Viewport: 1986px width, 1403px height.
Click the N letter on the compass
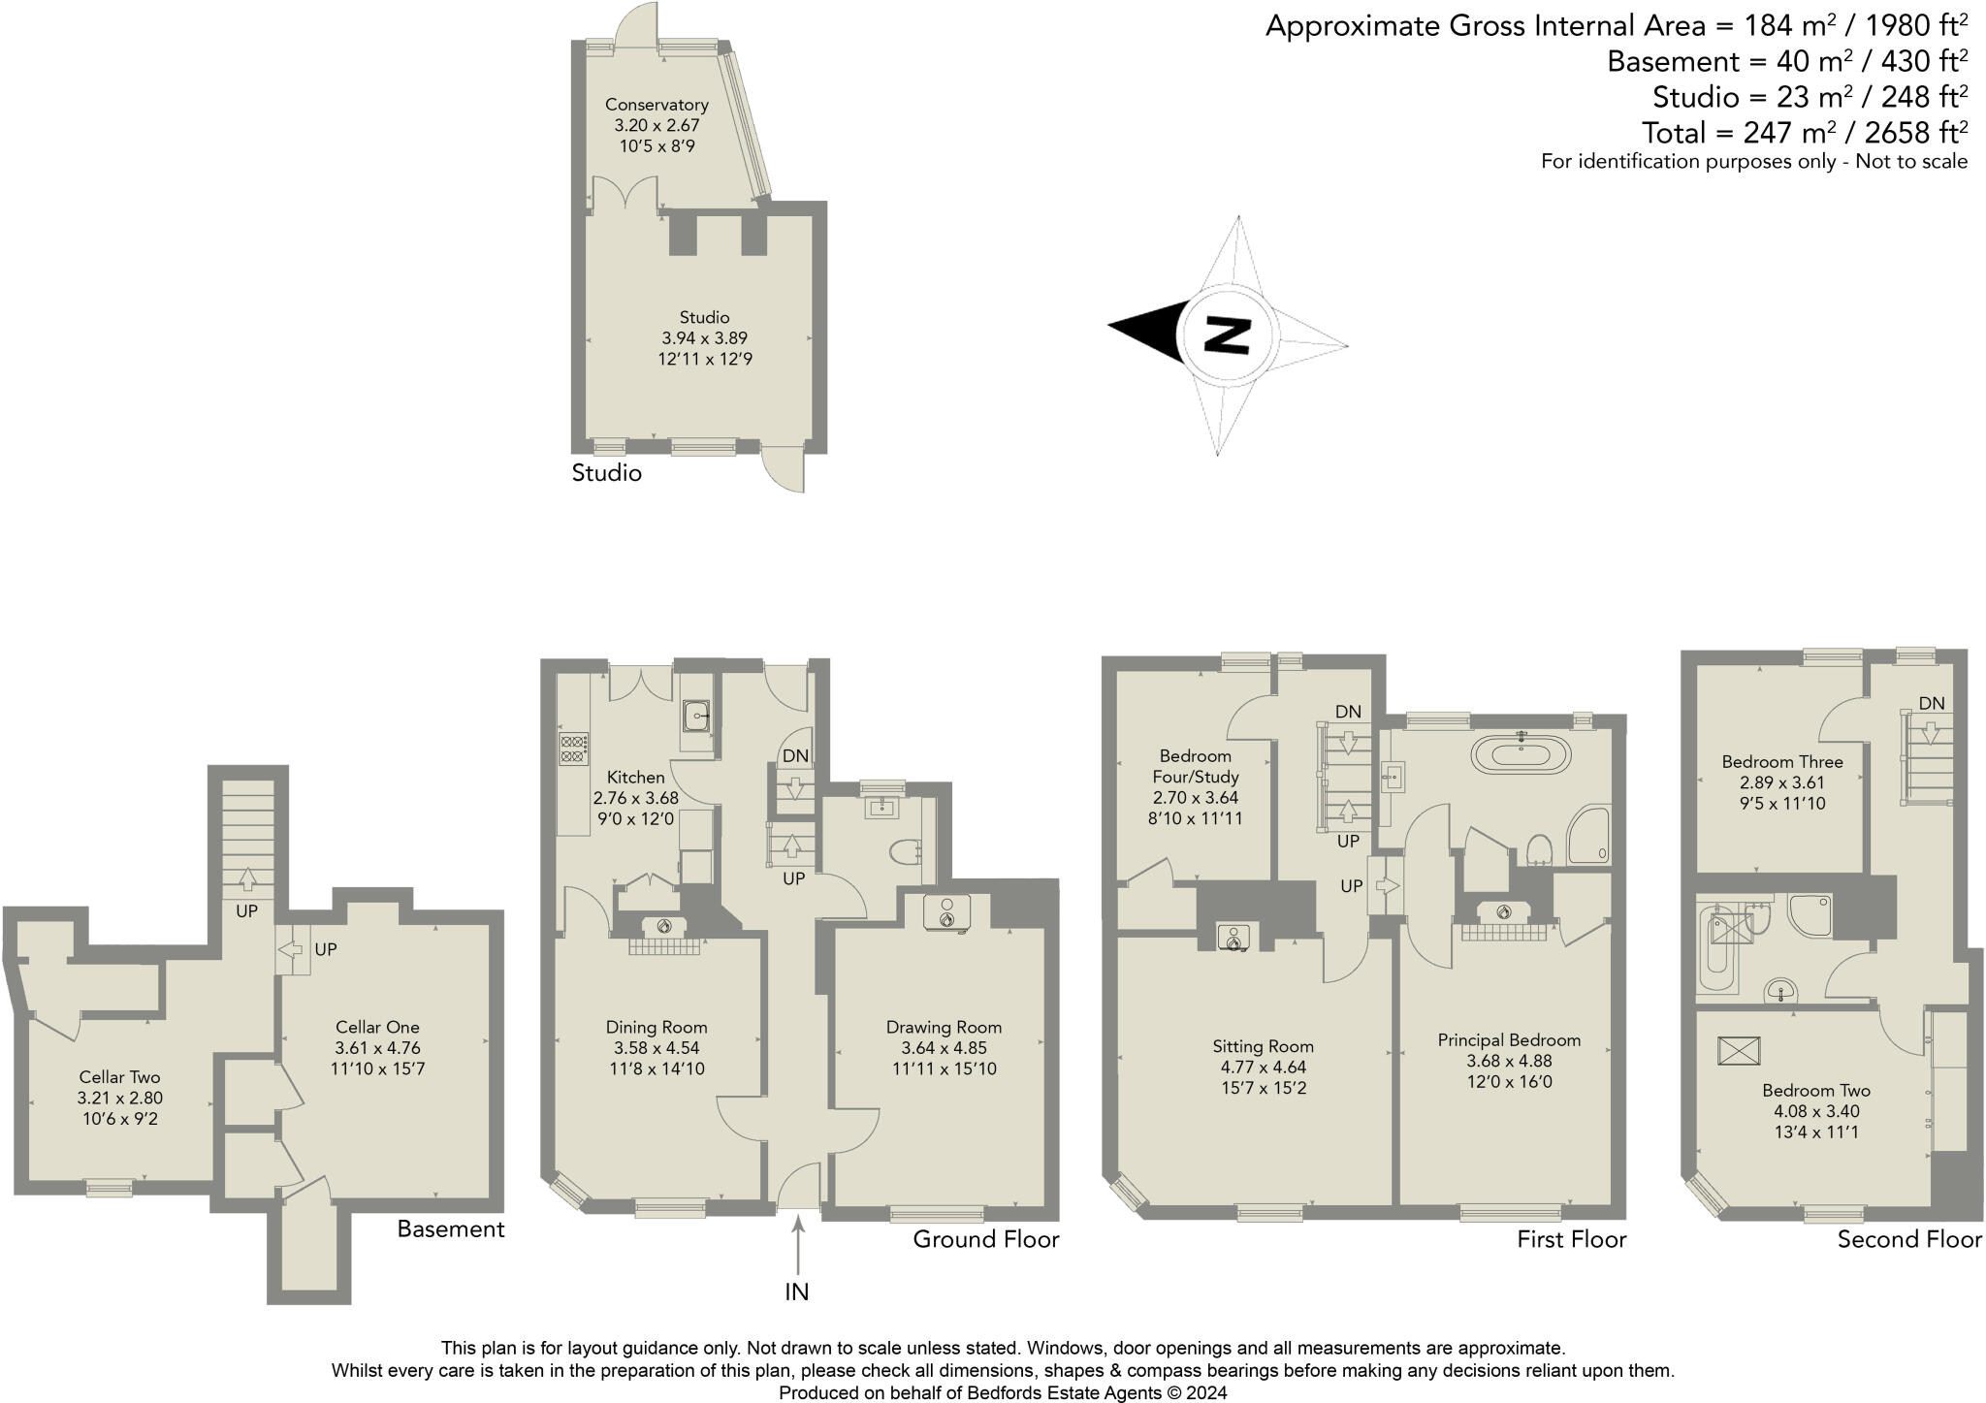(1226, 335)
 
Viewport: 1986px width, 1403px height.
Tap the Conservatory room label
(657, 105)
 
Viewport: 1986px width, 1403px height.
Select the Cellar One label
(377, 1027)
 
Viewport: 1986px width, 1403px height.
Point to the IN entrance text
(796, 1291)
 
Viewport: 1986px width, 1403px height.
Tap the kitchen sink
(695, 717)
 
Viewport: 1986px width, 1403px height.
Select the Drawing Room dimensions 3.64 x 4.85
(944, 1048)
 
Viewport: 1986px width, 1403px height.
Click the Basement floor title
(451, 1229)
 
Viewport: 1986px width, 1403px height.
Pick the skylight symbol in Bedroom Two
(1738, 1051)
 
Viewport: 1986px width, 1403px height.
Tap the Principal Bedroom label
(1509, 1040)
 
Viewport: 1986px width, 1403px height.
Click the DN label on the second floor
(1931, 703)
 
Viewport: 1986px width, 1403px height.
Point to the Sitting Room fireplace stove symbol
(1233, 938)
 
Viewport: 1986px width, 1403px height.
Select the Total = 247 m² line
(1804, 132)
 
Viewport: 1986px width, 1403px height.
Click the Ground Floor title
(985, 1239)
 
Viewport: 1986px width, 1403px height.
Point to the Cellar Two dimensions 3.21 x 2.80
(119, 1099)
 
